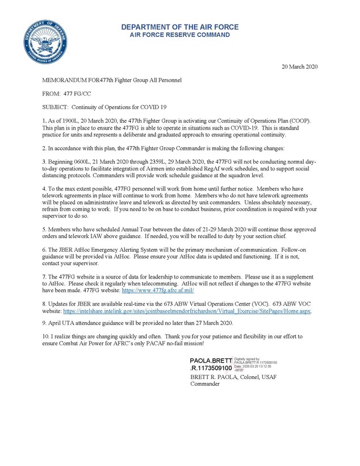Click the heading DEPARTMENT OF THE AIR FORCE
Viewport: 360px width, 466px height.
[x=179, y=27]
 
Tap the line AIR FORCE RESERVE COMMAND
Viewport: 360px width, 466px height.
[x=179, y=35]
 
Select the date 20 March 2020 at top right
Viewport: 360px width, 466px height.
[x=300, y=67]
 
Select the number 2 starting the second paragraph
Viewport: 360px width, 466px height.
[x=44, y=147]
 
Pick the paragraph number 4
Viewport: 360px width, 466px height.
[x=44, y=187]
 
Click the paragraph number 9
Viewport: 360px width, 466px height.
[x=44, y=323]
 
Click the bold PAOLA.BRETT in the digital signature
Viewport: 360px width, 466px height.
[x=211, y=361]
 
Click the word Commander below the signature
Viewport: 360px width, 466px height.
[x=206, y=384]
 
